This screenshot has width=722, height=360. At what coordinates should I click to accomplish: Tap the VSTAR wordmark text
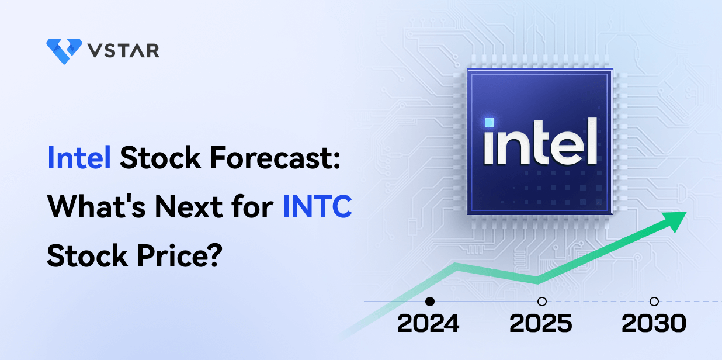tap(124, 50)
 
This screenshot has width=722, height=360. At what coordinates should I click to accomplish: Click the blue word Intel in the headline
tap(79, 158)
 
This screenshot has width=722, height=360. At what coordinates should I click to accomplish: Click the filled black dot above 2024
tap(430, 302)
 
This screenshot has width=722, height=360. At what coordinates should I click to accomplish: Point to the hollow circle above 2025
tap(542, 302)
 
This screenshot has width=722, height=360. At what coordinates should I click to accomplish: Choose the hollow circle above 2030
tap(654, 302)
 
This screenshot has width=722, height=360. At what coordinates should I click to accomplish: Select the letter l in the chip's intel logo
tap(592, 140)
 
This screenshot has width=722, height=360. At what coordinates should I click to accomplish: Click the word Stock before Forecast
tap(156, 158)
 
